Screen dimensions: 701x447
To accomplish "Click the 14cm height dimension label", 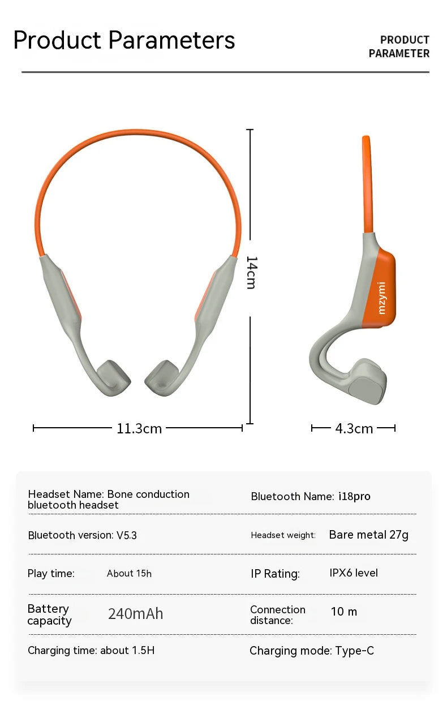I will point(252,272).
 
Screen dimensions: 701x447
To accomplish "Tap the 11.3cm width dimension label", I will point(139,429).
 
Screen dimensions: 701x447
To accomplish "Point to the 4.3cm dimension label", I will point(354,429).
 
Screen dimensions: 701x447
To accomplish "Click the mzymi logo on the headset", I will point(381,297).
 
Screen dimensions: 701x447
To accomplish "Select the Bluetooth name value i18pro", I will point(354,497).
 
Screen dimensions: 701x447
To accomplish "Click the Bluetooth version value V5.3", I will point(127,535).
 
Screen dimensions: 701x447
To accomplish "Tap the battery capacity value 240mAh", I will point(135,614).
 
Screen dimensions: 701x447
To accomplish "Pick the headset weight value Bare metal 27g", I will point(368,535).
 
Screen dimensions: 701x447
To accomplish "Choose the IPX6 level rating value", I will point(354,573).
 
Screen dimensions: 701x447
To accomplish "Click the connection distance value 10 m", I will point(344,612).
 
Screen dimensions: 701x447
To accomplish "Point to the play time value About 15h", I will point(129,574).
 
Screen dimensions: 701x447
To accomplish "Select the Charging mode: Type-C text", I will point(312,651).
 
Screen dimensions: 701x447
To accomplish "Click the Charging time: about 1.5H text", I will point(91,651).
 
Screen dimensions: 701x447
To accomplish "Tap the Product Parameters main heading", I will point(124,41).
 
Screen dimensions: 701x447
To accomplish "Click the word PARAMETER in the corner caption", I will point(399,54).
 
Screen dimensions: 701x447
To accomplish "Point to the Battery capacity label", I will point(49,615).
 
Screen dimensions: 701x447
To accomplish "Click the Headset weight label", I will point(283,535).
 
